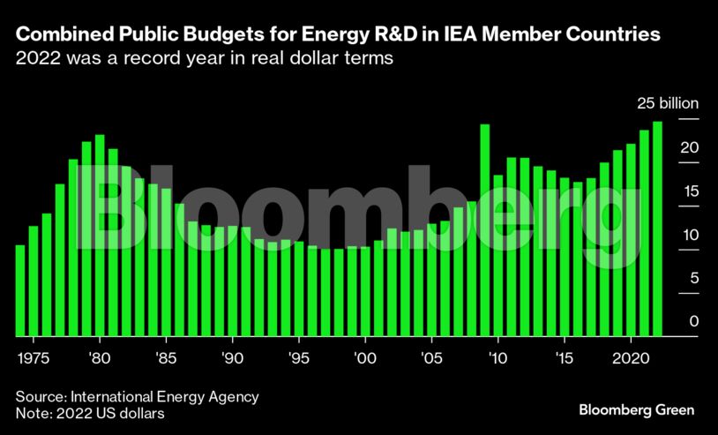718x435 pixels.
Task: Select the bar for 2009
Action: pos(485,230)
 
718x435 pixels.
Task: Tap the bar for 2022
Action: pos(657,229)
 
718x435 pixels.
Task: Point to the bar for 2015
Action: pos(565,257)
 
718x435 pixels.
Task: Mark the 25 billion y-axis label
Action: pos(669,103)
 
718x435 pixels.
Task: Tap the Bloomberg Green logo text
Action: pos(636,410)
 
